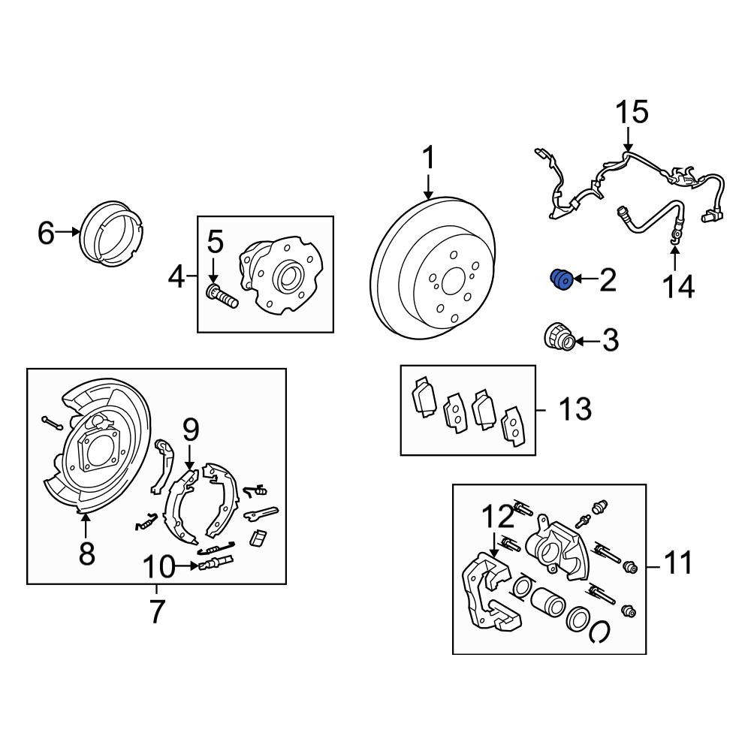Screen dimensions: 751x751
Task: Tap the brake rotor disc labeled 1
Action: (433, 268)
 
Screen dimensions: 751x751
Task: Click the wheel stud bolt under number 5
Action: (222, 295)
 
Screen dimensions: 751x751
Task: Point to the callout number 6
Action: (46, 234)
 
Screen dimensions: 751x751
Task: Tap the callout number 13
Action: (575, 409)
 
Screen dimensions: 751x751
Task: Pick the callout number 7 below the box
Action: (157, 611)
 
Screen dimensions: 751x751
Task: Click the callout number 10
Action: (159, 566)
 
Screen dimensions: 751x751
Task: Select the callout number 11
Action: (678, 562)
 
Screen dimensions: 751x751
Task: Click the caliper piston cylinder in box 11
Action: (547, 601)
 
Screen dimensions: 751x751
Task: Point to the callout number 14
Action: (678, 287)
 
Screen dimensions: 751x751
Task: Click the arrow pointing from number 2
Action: (585, 279)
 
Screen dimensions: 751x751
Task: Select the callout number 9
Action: (191, 430)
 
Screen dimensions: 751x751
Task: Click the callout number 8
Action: (86, 553)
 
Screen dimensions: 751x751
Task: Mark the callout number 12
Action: (498, 516)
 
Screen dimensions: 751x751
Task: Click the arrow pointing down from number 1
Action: (428, 187)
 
